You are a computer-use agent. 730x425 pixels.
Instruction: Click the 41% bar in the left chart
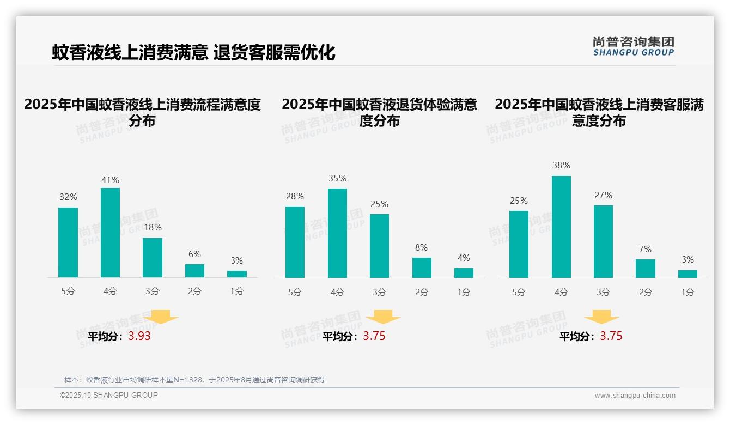click(110, 233)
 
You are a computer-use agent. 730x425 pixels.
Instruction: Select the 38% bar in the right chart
click(561, 227)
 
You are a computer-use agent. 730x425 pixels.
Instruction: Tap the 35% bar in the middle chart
click(337, 233)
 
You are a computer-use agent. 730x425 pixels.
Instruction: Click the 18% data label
click(153, 227)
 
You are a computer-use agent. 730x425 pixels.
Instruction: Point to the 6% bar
click(194, 271)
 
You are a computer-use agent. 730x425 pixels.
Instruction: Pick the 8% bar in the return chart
click(422, 268)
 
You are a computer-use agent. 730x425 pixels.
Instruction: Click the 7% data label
click(645, 249)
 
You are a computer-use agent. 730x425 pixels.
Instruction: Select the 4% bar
click(464, 272)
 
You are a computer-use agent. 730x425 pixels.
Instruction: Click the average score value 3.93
click(139, 336)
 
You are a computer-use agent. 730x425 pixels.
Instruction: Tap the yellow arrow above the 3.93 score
click(161, 317)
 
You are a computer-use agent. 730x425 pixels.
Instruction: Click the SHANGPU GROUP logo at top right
click(633, 46)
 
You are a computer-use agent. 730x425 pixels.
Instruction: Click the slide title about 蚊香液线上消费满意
click(193, 52)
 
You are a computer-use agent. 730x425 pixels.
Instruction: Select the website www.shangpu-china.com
click(635, 396)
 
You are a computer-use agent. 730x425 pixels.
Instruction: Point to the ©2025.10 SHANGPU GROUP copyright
click(109, 395)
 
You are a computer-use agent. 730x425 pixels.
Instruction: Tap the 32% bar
click(68, 242)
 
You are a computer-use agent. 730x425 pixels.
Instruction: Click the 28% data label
click(295, 196)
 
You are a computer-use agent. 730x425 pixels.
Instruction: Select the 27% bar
click(603, 241)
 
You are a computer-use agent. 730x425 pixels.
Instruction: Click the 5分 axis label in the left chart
click(68, 292)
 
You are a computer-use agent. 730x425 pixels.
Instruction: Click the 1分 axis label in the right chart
click(688, 292)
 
